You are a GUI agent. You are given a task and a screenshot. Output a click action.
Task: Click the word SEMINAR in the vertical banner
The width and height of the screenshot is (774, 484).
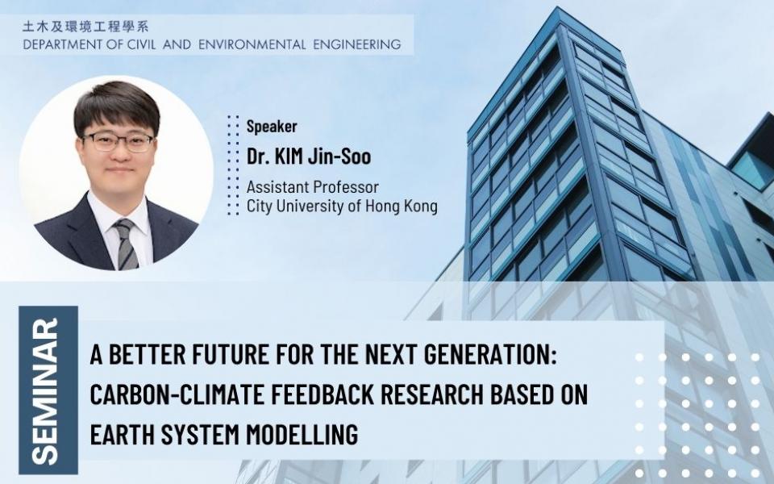(48, 390)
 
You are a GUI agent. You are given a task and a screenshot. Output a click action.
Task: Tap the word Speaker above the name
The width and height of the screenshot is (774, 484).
(272, 127)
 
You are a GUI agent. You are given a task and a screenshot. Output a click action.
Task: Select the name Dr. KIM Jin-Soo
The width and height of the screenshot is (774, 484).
(309, 156)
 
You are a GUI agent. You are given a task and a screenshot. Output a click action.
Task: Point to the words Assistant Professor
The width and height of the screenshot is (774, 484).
(313, 186)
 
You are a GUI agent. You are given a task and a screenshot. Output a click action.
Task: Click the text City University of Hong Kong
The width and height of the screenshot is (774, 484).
(342, 206)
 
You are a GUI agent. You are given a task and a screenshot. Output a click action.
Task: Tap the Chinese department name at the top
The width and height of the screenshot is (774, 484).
(85, 26)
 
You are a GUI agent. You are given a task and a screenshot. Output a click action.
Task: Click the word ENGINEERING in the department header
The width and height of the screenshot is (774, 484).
(357, 44)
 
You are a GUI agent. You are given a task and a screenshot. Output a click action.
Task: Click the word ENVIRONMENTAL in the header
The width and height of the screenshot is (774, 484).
(252, 44)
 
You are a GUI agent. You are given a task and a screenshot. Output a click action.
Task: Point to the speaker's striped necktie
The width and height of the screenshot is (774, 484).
(126, 244)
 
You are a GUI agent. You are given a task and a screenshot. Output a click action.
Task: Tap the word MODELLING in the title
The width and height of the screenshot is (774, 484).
(302, 435)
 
